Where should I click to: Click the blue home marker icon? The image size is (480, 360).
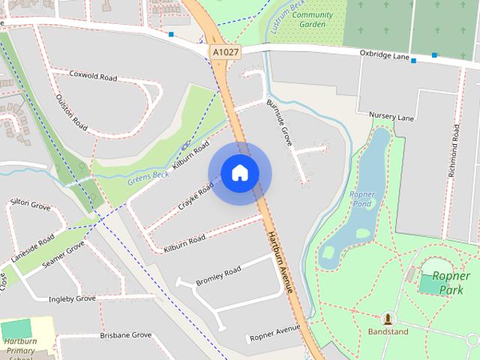239,173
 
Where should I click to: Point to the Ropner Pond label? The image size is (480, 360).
361,199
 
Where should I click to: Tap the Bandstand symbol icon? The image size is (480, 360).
388,318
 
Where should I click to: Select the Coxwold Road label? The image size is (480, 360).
93,76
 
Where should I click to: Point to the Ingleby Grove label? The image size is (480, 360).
72,298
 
